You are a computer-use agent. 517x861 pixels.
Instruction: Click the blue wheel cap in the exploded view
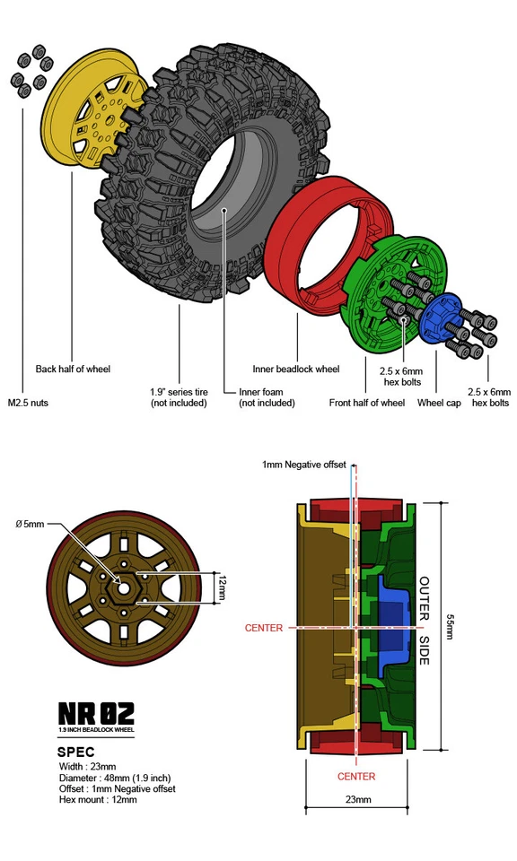441,316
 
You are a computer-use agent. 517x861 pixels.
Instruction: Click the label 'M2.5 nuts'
28,403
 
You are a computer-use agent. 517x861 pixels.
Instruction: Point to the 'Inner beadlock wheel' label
296,369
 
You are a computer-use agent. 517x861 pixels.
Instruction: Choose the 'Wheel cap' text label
439,403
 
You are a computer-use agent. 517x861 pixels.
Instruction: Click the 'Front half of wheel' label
366,403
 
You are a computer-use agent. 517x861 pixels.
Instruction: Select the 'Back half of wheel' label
73,369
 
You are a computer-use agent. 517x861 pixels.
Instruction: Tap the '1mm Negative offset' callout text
303,465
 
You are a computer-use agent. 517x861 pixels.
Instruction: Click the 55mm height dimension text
450,627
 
